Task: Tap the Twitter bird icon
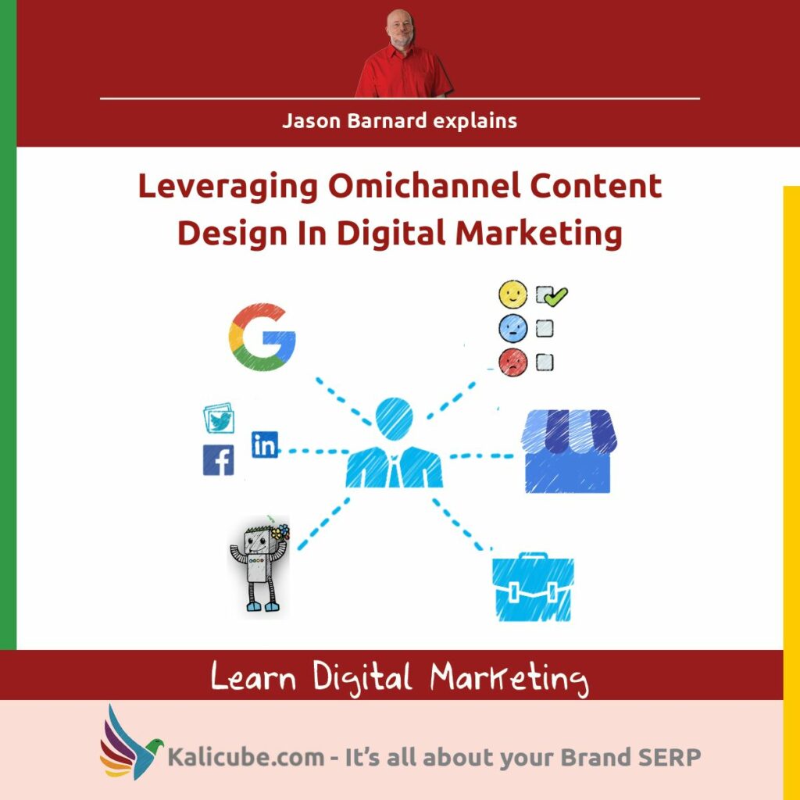(x=220, y=420)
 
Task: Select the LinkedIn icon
(x=265, y=445)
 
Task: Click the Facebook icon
(x=218, y=459)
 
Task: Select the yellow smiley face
(x=513, y=295)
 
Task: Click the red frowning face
(x=512, y=362)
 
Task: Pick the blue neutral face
(x=512, y=328)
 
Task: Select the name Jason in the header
(x=308, y=121)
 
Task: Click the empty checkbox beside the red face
(x=545, y=362)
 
